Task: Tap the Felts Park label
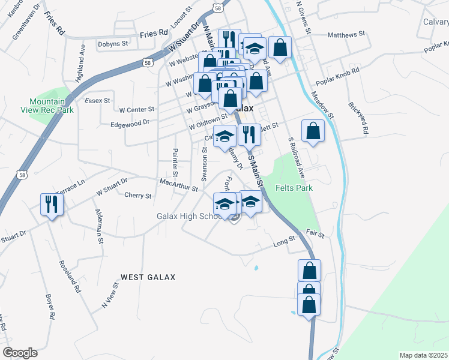click(294, 188)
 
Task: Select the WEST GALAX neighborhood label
click(148, 277)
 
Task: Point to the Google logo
click(20, 353)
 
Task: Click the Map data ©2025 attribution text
click(423, 355)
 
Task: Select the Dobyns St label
click(113, 44)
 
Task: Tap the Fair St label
click(315, 233)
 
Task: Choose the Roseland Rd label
click(70, 275)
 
